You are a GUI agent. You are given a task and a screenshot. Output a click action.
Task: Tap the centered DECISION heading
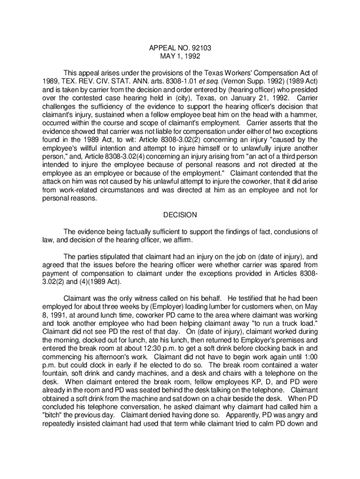click(180, 215)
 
